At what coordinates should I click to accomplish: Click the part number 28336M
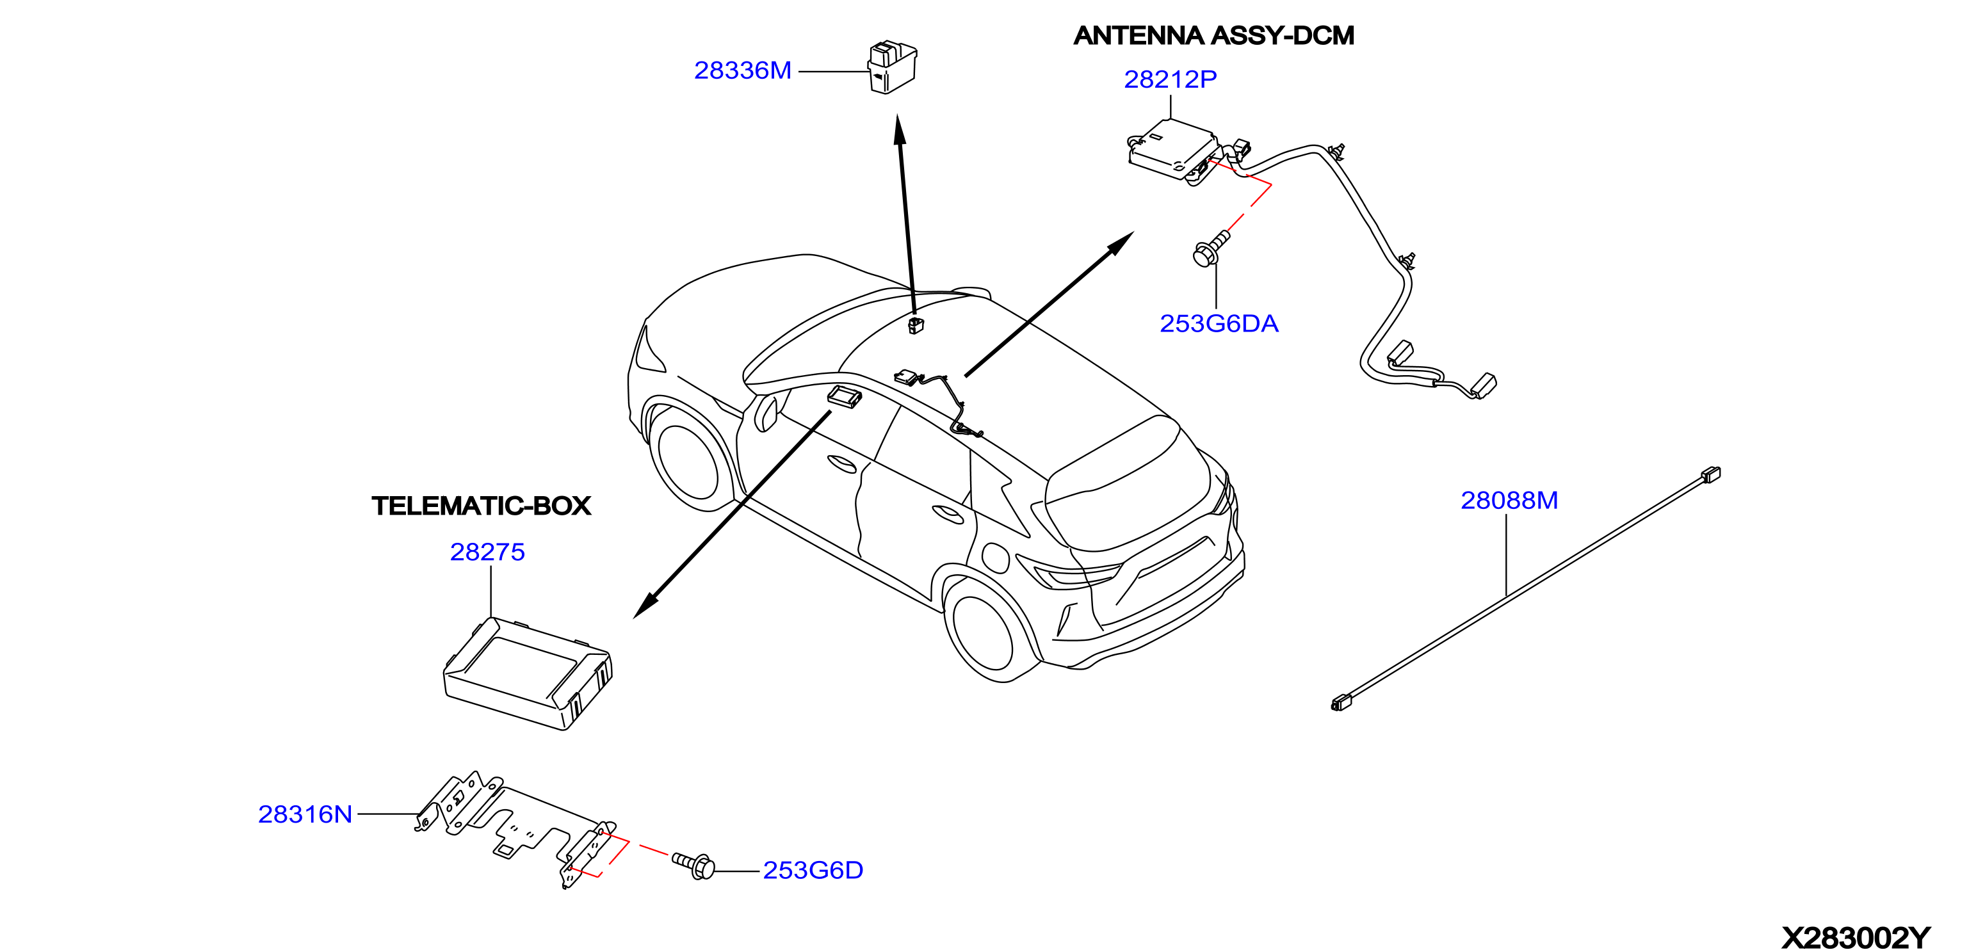(x=742, y=70)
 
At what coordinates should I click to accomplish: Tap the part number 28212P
(x=1171, y=79)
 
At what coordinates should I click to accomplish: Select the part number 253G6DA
(x=1219, y=324)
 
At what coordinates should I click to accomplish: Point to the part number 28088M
(x=1509, y=501)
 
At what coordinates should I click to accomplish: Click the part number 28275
(x=488, y=552)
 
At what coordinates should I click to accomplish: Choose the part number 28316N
(x=305, y=815)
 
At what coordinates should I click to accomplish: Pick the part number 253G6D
(x=813, y=871)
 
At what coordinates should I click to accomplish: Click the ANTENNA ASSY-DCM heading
(x=1214, y=36)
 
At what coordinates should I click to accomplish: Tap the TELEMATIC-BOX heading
(x=482, y=506)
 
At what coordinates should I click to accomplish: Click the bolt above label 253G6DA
(x=1211, y=248)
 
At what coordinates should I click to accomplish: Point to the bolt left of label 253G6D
(x=693, y=864)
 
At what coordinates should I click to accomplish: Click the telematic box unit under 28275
(x=528, y=673)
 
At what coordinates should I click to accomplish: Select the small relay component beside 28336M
(x=892, y=67)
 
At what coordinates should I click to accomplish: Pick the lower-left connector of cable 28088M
(x=1341, y=702)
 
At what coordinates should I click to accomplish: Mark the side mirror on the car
(x=765, y=413)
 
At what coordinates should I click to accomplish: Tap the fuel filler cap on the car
(x=995, y=557)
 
